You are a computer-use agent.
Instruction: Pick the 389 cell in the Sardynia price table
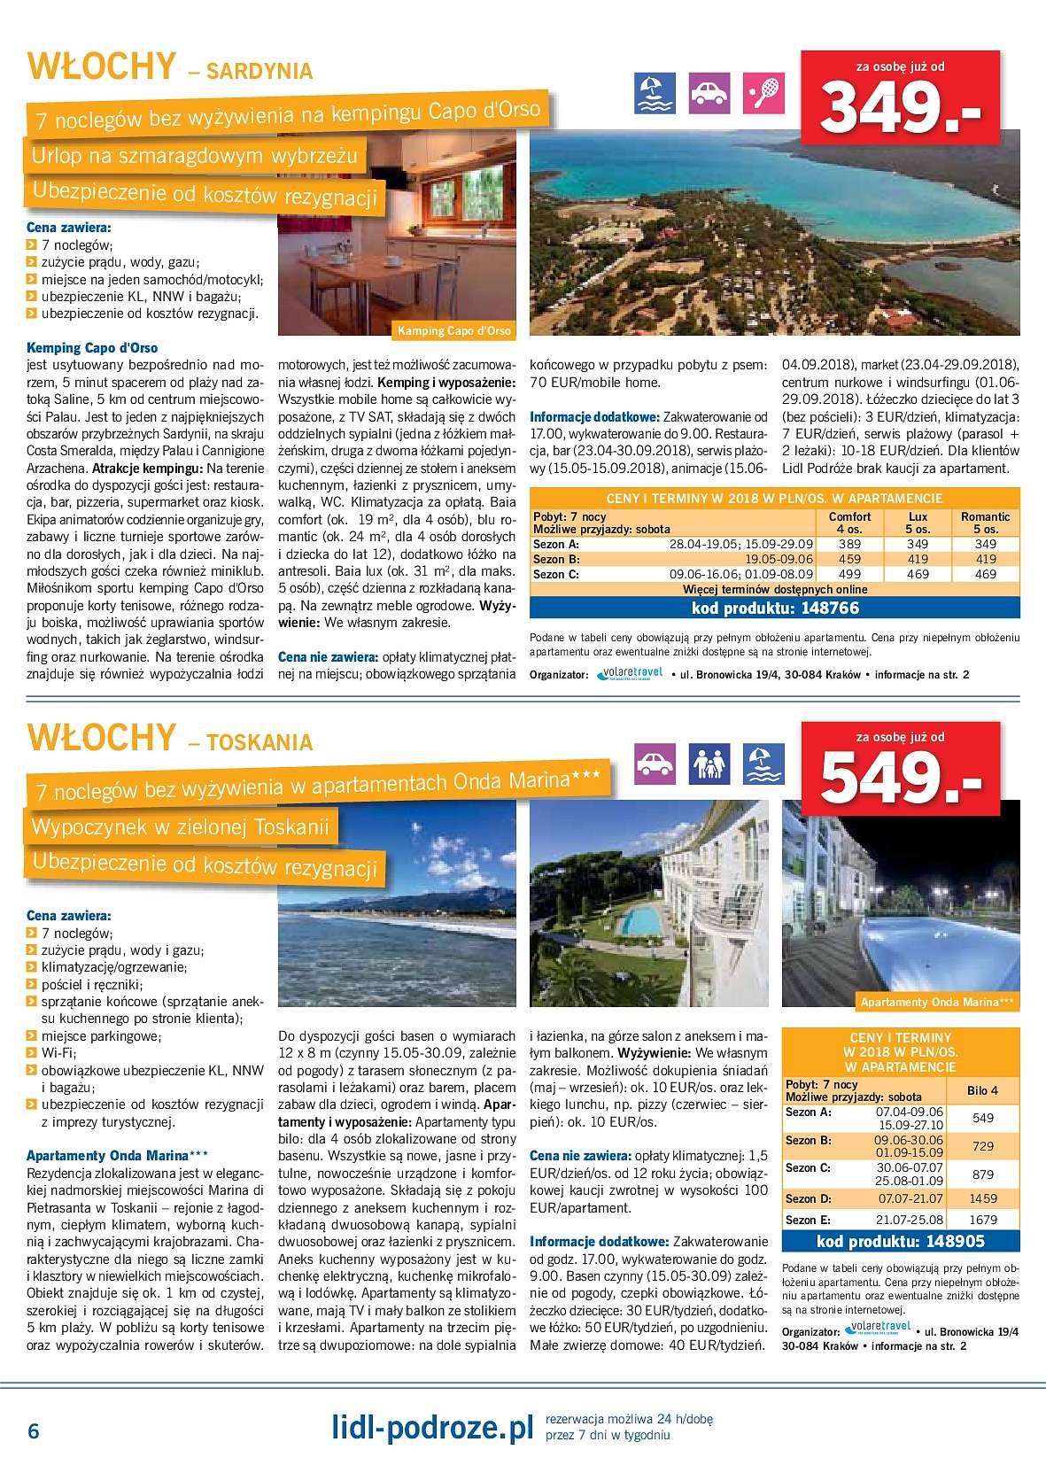849,545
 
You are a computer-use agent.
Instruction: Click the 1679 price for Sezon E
983,1220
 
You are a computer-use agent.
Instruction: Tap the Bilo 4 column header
983,1090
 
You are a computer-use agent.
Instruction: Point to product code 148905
898,1241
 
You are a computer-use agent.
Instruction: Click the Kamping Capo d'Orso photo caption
454,331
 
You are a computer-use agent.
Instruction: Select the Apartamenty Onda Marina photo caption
936,1002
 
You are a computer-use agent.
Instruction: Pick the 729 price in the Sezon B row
983,1146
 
